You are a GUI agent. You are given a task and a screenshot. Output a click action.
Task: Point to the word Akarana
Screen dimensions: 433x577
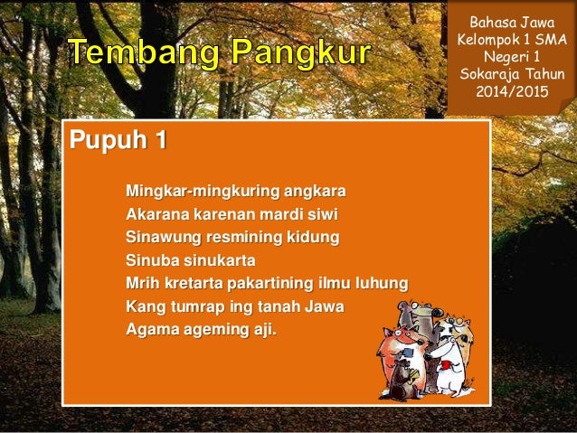tap(158, 215)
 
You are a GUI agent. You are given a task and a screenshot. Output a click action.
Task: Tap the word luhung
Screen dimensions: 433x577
tap(383, 285)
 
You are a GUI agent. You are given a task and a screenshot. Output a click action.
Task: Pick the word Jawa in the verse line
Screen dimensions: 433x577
tap(323, 307)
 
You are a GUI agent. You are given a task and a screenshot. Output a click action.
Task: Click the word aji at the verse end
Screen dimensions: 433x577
tap(261, 331)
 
